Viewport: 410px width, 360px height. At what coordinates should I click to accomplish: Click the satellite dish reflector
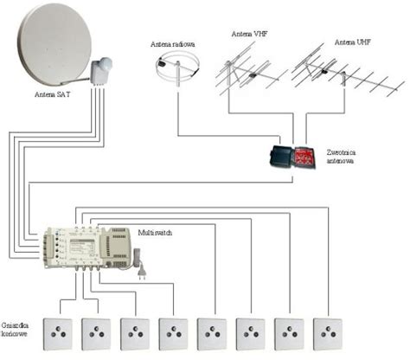54,45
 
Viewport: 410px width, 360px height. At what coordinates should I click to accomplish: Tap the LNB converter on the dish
101,70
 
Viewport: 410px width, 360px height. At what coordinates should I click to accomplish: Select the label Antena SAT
53,94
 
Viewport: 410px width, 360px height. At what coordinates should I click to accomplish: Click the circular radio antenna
177,67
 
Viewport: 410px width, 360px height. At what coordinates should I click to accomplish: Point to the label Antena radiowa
173,44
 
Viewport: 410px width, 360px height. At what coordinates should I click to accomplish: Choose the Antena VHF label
250,34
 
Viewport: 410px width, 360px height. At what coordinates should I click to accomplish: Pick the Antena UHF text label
353,42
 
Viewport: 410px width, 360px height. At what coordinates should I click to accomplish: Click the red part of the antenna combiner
304,157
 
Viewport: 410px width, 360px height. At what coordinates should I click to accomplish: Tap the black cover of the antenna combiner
281,157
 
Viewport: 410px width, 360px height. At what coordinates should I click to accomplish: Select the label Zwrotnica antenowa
341,157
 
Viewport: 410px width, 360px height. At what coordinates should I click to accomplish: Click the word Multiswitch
155,233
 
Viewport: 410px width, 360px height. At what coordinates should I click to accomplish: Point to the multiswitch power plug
142,273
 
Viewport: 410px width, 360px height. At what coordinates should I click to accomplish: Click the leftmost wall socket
58,334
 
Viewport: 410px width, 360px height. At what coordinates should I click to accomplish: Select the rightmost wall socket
328,334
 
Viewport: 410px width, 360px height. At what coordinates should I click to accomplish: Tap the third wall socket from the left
135,334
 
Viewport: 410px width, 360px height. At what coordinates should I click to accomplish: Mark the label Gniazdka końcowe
15,330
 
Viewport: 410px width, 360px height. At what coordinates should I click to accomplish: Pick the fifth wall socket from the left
212,334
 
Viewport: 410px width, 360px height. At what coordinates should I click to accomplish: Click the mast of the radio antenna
178,74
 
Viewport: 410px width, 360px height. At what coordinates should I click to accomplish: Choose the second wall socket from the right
289,334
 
